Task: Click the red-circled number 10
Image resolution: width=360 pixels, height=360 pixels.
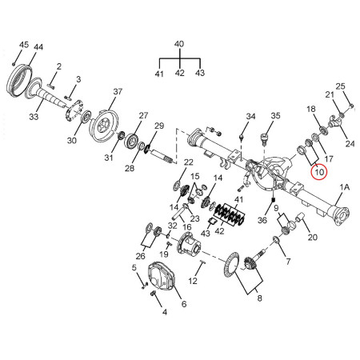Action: coord(319,172)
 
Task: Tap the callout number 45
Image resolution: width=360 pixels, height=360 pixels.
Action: coord(24,45)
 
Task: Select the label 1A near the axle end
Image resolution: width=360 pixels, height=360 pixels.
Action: coord(344,187)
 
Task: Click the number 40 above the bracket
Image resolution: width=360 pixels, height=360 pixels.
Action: coord(179,44)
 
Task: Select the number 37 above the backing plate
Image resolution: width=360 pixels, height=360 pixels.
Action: coord(118,91)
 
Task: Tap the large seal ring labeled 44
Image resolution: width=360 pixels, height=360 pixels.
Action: coord(19,79)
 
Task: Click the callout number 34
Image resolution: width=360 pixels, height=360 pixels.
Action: coord(250,116)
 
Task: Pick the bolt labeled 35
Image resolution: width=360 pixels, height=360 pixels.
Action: coord(264,138)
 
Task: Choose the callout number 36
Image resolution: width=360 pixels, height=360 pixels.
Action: coord(262,220)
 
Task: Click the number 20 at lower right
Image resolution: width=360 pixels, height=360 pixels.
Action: coord(313,237)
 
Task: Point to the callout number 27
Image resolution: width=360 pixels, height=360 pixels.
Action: coord(143,116)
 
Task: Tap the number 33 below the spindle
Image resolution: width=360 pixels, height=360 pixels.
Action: coord(34,117)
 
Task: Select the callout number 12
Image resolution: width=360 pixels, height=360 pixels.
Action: coord(193,281)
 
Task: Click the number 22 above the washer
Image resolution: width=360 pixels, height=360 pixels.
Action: coord(188,162)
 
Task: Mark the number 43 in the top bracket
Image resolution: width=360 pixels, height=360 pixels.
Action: coord(200,73)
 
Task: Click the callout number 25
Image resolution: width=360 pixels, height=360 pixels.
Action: coord(340,86)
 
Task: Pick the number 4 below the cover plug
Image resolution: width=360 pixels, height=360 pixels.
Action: coord(165,312)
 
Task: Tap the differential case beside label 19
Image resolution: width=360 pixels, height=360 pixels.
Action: coord(189,244)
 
